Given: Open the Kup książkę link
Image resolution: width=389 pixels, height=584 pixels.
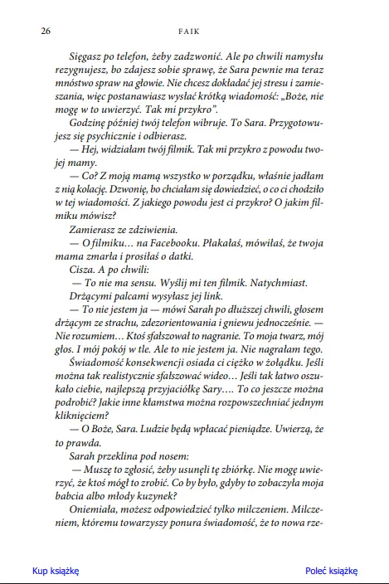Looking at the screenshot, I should coord(55,571).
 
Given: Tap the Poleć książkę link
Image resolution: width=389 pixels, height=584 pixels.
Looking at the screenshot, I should coord(331,571).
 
